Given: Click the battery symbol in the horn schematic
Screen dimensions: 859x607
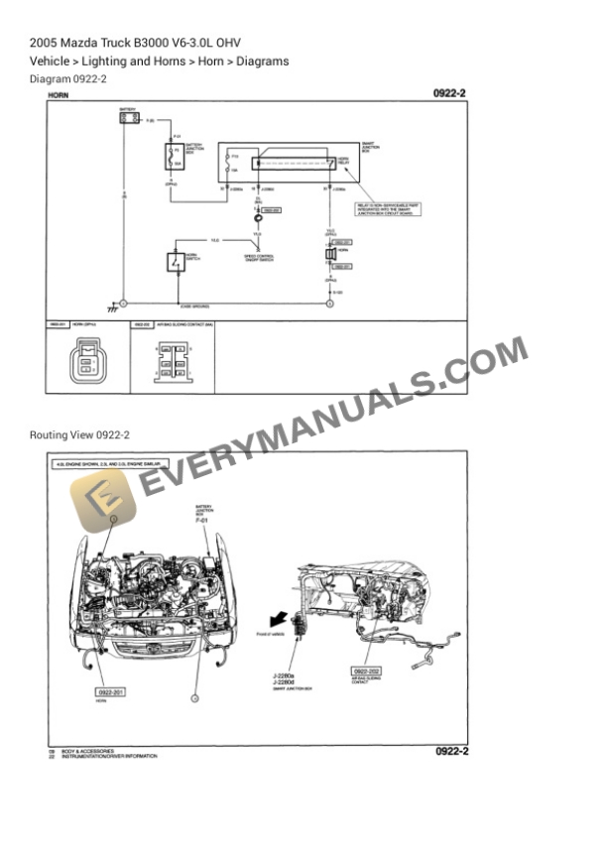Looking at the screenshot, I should coord(128,118).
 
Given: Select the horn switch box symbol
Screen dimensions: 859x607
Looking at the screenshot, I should coord(175,262).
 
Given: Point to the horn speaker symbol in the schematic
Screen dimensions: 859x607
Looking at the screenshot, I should coord(331,255).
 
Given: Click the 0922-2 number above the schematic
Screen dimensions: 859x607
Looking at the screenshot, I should coord(449,93).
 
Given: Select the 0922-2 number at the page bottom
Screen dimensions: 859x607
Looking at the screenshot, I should coord(451,751).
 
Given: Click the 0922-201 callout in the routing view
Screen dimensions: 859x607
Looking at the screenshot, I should coord(115,691).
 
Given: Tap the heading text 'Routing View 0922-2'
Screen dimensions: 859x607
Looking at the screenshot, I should coord(79,434).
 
